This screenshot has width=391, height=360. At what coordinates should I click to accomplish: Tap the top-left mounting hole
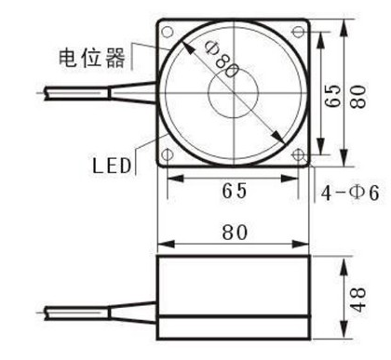(168, 29)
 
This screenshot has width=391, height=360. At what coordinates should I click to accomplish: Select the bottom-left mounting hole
(168, 154)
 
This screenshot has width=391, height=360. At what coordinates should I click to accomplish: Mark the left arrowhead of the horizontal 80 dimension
(161, 244)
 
